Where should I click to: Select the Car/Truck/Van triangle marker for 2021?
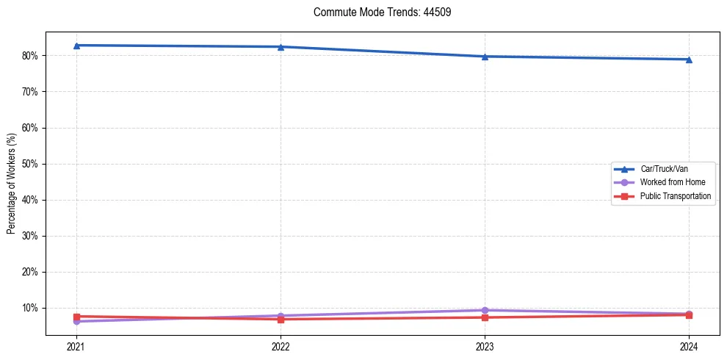coord(76,46)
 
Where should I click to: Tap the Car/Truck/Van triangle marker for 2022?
coord(281,47)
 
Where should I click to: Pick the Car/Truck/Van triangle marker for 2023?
coord(485,57)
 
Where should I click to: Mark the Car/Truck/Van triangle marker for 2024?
coord(689,60)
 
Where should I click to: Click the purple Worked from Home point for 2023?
coord(485,310)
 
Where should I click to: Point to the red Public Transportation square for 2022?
coord(281,319)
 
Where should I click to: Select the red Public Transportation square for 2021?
coord(76,316)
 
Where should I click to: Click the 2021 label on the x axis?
coord(76,346)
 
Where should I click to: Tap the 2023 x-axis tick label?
coord(485,346)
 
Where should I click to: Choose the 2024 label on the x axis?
coord(689,346)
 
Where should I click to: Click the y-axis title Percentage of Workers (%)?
coord(12,184)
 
